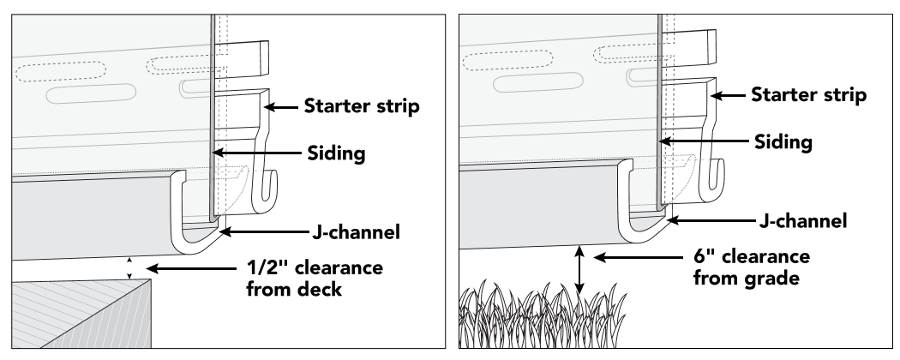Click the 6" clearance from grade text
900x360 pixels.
pos(767,266)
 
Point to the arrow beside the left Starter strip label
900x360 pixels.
pos(283,106)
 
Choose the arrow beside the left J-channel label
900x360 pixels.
pos(266,230)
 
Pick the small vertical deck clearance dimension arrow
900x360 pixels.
pos(129,267)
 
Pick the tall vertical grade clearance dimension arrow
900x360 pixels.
pos(581,270)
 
